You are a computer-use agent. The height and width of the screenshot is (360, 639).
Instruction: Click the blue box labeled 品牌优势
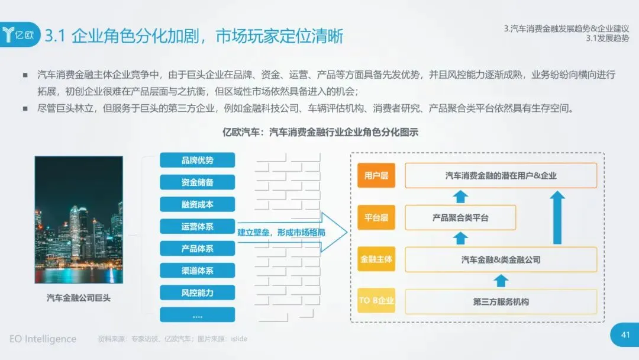[x=197, y=160]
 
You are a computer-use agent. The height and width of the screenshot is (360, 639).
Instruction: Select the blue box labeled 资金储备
[x=197, y=182]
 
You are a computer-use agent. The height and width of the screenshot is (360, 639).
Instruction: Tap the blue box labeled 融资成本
[x=197, y=204]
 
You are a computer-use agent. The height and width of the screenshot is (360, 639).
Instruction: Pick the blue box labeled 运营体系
[x=197, y=227]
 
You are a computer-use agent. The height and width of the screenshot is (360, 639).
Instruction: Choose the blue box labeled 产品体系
[x=197, y=249]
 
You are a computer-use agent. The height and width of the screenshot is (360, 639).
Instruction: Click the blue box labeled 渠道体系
[x=197, y=271]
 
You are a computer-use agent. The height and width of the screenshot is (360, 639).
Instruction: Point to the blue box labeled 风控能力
[x=197, y=292]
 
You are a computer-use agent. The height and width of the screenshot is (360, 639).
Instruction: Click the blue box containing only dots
[x=197, y=314]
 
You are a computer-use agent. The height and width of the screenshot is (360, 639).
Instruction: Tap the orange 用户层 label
[x=376, y=176]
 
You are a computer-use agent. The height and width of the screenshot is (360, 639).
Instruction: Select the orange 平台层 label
[x=376, y=217]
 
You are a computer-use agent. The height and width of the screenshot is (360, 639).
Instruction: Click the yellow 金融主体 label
[x=376, y=259]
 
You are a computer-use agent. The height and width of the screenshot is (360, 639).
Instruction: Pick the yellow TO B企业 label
[x=376, y=301]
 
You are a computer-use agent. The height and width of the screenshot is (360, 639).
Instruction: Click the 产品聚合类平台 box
[x=460, y=217]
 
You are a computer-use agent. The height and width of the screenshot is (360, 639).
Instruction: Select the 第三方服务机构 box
[x=501, y=301]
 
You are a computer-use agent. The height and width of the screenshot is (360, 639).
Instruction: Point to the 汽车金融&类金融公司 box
[x=501, y=259]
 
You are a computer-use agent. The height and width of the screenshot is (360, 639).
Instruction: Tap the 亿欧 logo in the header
[x=21, y=35]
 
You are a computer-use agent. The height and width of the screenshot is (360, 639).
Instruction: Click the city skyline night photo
[x=79, y=220]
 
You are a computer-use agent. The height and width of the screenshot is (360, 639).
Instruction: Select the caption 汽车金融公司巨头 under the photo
[x=79, y=298]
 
